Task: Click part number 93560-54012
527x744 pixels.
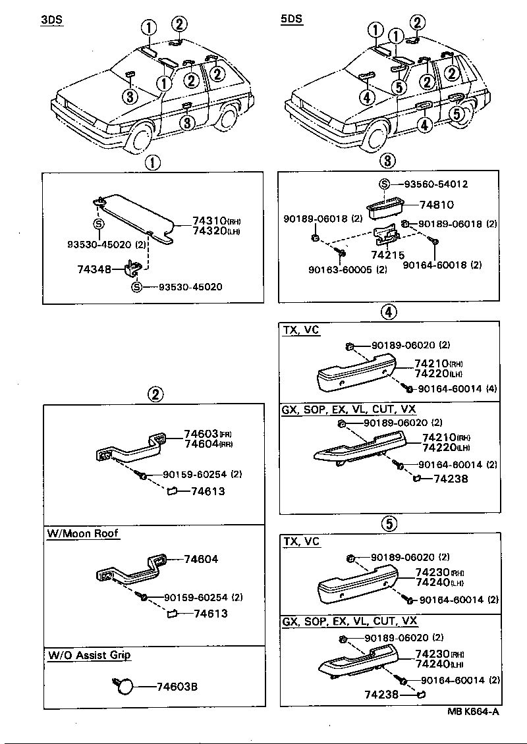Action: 432,184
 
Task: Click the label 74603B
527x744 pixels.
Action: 177,687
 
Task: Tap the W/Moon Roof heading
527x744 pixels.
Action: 83,533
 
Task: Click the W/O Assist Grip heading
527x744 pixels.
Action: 89,655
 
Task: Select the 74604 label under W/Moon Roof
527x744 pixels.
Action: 201,559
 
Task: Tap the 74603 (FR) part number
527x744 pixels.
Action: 201,434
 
